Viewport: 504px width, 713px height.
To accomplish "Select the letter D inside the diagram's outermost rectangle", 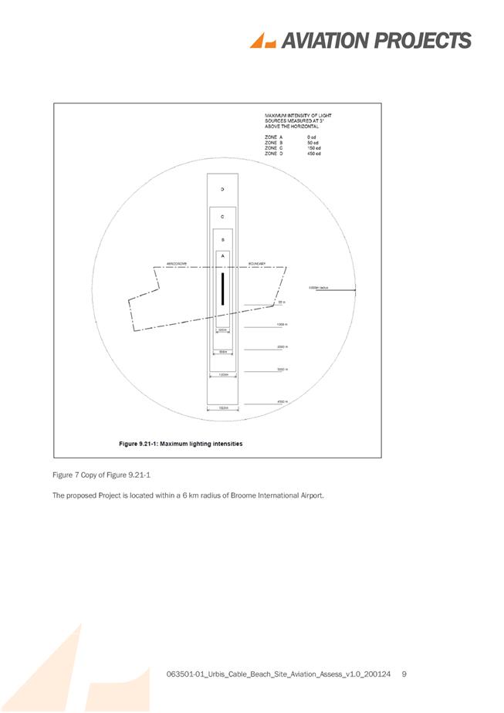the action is tap(222, 189).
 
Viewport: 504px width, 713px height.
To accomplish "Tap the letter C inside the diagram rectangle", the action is tap(222, 217).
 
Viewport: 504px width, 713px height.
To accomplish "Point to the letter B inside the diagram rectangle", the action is tap(222, 239).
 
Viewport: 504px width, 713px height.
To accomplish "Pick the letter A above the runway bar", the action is tap(222, 255).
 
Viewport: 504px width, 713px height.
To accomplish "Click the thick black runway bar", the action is tap(222, 289).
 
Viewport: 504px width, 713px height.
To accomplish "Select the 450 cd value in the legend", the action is tap(313, 154).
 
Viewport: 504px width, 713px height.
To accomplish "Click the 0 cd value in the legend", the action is tap(311, 137).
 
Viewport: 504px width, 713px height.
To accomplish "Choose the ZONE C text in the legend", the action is tap(272, 148).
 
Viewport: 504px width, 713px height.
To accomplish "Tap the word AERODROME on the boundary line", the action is tap(178, 264).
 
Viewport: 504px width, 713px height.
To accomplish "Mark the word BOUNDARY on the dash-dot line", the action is tap(257, 264).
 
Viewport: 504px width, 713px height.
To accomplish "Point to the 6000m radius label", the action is tap(319, 288).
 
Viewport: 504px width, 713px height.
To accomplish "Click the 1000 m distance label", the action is tap(282, 325).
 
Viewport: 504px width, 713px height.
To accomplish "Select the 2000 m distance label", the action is tap(282, 347).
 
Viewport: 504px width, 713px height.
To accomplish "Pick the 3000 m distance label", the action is tap(282, 370).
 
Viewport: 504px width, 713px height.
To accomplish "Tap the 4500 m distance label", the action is tap(282, 401).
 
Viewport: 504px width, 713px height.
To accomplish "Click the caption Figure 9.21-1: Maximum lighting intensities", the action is tap(180, 444).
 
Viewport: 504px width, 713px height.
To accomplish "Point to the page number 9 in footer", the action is tap(404, 675).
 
